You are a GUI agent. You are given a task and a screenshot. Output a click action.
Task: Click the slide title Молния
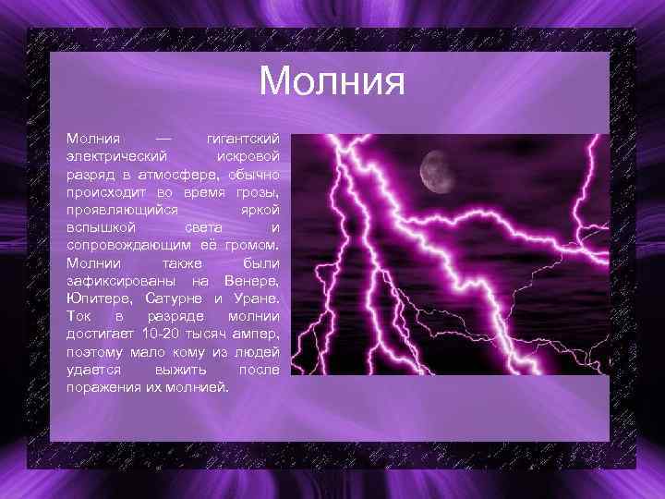pos(332,80)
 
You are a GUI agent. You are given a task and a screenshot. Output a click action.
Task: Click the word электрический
pos(116,155)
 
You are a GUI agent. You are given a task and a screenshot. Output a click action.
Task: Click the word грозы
pos(258,191)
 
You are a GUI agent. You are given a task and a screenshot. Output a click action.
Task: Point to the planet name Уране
pos(254,298)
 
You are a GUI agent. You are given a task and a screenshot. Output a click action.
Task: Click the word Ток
pos(79,316)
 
